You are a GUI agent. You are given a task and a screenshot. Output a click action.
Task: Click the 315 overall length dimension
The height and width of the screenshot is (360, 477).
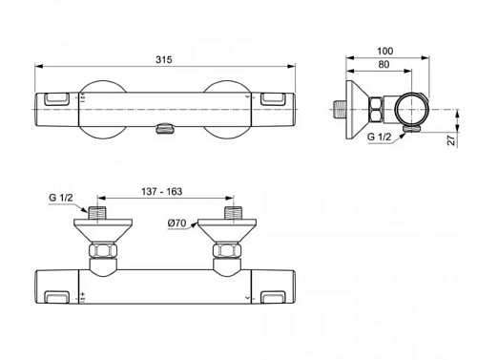pos(164,59)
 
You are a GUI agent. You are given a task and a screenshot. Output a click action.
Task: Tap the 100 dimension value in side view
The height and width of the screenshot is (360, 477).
pos(384,51)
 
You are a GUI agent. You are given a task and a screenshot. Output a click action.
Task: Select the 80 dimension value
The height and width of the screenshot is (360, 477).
pos(384,64)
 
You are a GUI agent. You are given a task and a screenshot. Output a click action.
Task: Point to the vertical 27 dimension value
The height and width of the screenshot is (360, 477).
pos(451,140)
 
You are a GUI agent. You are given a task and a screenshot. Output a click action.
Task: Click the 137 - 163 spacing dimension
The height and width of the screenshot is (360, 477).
pos(161,192)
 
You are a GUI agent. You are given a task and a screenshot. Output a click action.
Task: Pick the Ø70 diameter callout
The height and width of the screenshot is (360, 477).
pos(176,223)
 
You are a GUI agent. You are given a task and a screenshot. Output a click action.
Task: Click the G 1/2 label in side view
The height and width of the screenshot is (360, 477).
pos(379,137)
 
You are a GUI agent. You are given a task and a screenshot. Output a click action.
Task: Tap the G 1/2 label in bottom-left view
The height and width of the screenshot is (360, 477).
pos(61,198)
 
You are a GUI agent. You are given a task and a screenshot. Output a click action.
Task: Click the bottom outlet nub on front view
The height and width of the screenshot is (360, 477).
pos(165,129)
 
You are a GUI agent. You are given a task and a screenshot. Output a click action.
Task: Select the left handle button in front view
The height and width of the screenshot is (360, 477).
pos(56,99)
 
